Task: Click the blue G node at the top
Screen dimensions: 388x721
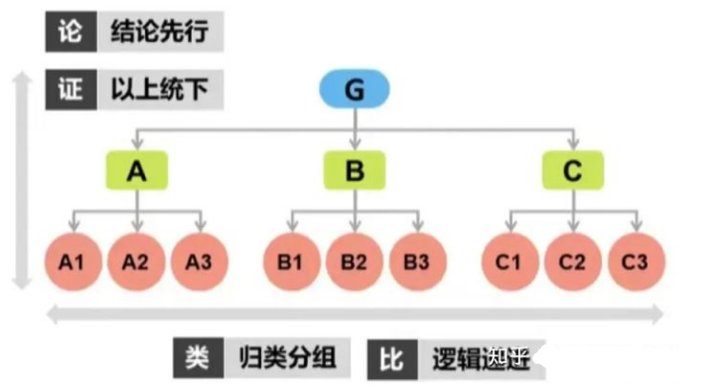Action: point(355,91)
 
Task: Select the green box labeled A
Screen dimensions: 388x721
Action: point(136,171)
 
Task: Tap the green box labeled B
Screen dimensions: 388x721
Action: point(355,171)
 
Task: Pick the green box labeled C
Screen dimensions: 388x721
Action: point(572,171)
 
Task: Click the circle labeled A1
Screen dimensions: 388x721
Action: point(71,263)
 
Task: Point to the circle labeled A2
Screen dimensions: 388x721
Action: point(136,263)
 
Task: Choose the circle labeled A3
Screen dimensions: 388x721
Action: point(201,263)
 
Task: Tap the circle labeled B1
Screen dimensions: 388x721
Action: point(290,263)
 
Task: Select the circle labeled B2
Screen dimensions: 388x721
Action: point(355,263)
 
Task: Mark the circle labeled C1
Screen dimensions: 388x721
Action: point(508,263)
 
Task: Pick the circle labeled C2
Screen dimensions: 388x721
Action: point(572,263)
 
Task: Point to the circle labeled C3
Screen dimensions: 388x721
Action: point(637,263)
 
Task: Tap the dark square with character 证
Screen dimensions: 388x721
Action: point(70,90)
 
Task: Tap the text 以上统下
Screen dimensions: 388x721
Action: point(160,90)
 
